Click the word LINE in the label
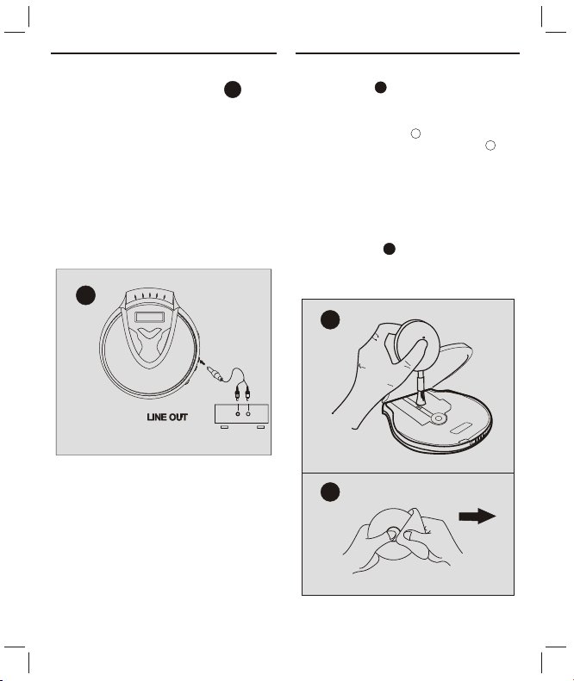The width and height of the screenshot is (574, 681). [x=156, y=417]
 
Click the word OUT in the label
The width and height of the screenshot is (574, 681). [x=178, y=417]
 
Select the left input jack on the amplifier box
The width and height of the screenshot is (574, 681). [x=237, y=414]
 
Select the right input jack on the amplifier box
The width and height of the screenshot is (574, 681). [x=248, y=414]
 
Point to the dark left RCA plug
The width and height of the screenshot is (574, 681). [x=237, y=394]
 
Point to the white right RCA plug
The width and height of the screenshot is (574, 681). [x=247, y=394]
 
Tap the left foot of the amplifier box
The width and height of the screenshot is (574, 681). [x=224, y=427]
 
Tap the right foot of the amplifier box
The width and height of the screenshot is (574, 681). [x=261, y=427]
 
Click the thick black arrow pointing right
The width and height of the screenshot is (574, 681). [x=477, y=516]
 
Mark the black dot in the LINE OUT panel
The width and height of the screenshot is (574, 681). [x=85, y=295]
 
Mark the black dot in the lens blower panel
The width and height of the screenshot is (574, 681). [x=330, y=319]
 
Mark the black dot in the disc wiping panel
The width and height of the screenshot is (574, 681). [x=330, y=492]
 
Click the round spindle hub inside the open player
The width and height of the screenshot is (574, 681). [x=439, y=418]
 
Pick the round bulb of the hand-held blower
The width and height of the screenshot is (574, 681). [x=417, y=344]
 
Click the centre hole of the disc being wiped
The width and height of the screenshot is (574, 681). [x=393, y=533]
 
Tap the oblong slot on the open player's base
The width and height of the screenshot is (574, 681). [x=461, y=428]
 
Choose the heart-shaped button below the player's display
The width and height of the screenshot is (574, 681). [x=150, y=333]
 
